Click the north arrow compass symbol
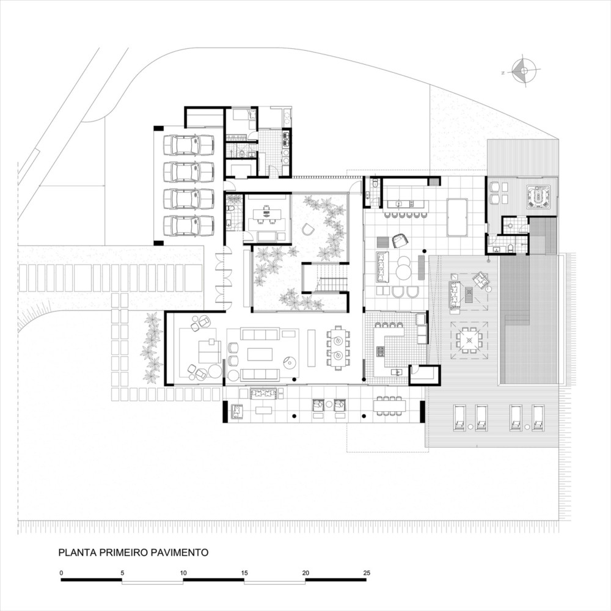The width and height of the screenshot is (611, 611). [524, 71]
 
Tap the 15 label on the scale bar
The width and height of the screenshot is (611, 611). [244, 573]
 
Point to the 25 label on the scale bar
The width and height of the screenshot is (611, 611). [366, 573]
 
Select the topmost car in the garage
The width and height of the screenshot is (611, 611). [189, 145]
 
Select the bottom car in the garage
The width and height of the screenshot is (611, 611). [189, 225]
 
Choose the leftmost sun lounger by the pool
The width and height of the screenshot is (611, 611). [460, 418]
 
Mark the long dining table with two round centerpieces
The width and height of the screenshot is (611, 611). [337, 348]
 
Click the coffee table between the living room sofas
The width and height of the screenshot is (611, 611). [260, 354]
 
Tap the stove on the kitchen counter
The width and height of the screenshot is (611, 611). [380, 351]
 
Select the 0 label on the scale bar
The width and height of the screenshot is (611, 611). [61, 573]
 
